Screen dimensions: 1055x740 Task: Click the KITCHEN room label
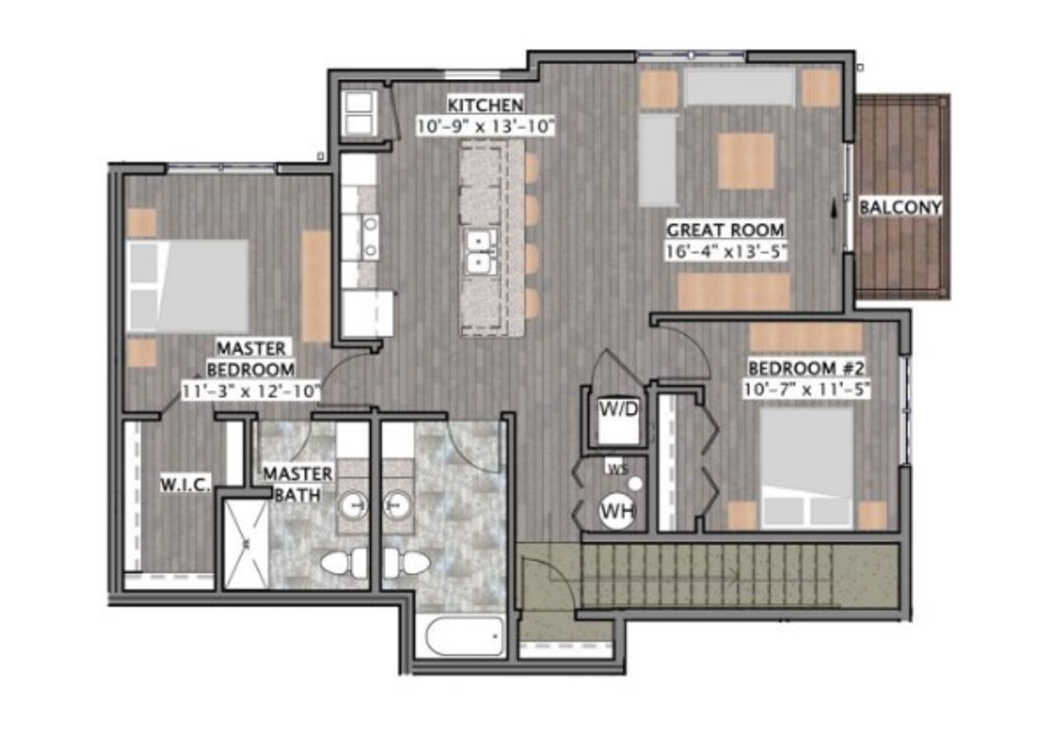click(x=485, y=105)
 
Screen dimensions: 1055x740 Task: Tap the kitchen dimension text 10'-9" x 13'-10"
click(x=485, y=126)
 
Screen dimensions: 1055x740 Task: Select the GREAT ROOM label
click(x=725, y=230)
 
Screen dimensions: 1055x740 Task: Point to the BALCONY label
click(x=900, y=207)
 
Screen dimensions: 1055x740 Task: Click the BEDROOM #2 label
click(x=806, y=368)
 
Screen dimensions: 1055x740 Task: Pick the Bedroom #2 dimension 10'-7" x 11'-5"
click(x=806, y=390)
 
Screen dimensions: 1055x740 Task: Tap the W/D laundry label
click(x=618, y=409)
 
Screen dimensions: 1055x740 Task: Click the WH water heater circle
click(x=618, y=510)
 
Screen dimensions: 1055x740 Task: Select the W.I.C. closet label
click(x=185, y=484)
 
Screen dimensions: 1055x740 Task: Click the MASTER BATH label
click(x=298, y=484)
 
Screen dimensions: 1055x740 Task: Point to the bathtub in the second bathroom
click(x=464, y=637)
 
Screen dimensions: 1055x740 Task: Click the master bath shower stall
click(x=245, y=544)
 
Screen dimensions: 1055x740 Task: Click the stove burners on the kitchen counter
click(x=370, y=237)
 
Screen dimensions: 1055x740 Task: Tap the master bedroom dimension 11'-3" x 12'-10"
click(x=251, y=391)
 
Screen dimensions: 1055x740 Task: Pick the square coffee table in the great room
click(x=746, y=161)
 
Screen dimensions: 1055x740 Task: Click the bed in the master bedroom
click(x=187, y=286)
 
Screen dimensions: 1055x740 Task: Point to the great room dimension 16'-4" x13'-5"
click(x=726, y=251)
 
